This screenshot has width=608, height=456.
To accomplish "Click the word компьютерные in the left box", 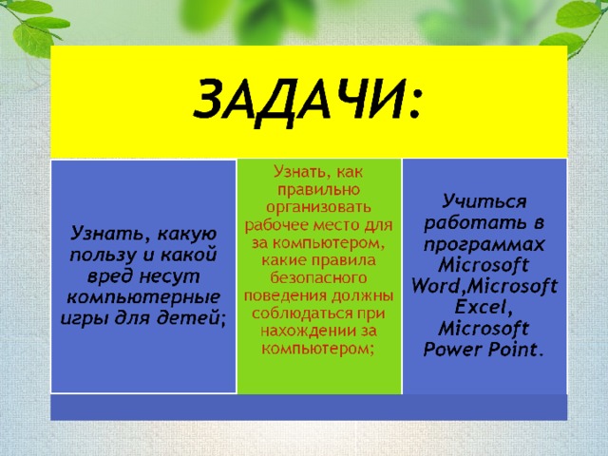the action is (143, 297).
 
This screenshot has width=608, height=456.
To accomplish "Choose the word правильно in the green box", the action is (319, 190).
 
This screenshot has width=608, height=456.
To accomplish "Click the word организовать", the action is (319, 207).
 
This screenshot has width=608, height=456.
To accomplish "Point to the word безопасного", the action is (319, 277).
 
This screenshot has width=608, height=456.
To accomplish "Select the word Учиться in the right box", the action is (484, 202).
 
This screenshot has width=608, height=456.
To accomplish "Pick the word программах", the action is (484, 245).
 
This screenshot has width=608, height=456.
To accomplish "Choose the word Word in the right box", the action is (436, 286).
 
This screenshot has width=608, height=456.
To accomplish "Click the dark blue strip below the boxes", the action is (309, 408).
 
